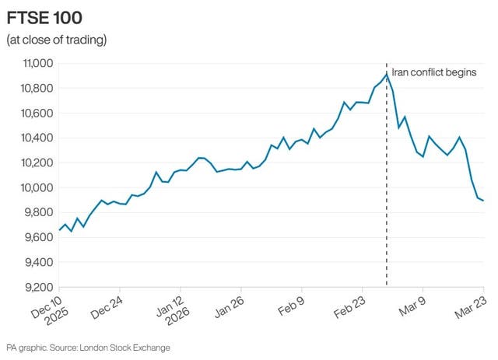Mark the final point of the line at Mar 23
(x=483, y=201)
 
